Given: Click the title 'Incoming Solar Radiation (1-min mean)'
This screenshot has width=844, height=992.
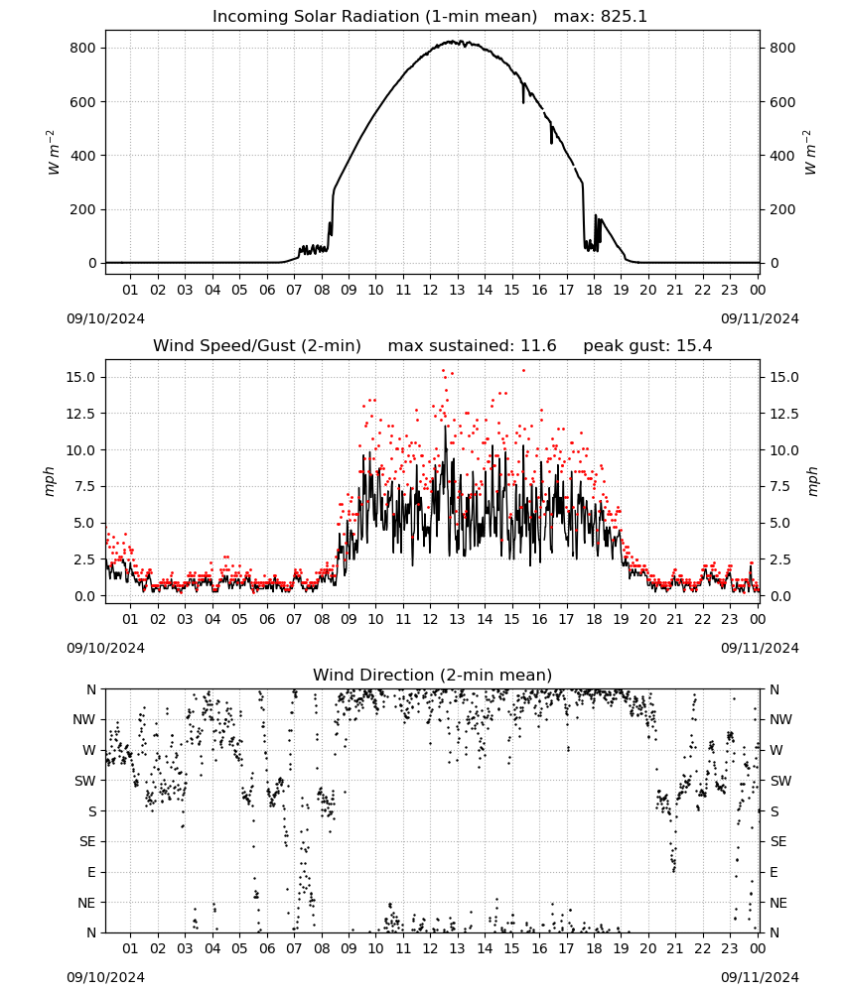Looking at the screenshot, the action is pyautogui.click(x=374, y=17).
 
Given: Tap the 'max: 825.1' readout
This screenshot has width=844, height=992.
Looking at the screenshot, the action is pyautogui.click(x=601, y=17).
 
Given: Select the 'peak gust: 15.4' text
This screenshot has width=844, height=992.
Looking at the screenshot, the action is pyautogui.click(x=647, y=346).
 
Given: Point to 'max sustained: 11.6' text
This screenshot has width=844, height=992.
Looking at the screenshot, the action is pyautogui.click(x=473, y=346).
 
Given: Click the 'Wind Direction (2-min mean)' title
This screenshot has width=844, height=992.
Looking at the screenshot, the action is pyautogui.click(x=433, y=675).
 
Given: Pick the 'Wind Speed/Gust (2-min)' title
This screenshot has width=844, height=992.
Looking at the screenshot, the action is pyautogui.click(x=257, y=346).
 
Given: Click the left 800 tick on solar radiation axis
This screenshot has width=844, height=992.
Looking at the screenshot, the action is pyautogui.click(x=83, y=48).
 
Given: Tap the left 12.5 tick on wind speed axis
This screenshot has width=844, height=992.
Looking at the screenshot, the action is pyautogui.click(x=79, y=414).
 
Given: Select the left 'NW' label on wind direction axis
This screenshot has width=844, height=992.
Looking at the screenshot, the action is pyautogui.click(x=84, y=720).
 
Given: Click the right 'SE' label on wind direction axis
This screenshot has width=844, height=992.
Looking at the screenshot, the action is pyautogui.click(x=778, y=842).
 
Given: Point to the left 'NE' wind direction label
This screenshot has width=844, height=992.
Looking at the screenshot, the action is pyautogui.click(x=86, y=904).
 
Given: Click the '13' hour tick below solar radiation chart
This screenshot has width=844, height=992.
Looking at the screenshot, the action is pyautogui.click(x=457, y=291).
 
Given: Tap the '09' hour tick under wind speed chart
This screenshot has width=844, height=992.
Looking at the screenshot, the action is pyautogui.click(x=349, y=619).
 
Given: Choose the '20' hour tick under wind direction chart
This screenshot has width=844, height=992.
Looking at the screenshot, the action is pyautogui.click(x=647, y=949).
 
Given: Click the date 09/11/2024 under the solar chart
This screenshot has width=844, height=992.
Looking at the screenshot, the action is pyautogui.click(x=760, y=318).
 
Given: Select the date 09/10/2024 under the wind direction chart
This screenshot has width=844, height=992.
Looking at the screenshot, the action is pyautogui.click(x=105, y=977).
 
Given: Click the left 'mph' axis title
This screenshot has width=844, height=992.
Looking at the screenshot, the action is pyautogui.click(x=50, y=481).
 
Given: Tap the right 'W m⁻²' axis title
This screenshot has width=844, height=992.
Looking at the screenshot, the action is pyautogui.click(x=810, y=153).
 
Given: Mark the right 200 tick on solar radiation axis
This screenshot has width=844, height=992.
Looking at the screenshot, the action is pyautogui.click(x=782, y=209).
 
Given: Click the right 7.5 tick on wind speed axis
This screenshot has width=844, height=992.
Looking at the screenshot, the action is pyautogui.click(x=780, y=486).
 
